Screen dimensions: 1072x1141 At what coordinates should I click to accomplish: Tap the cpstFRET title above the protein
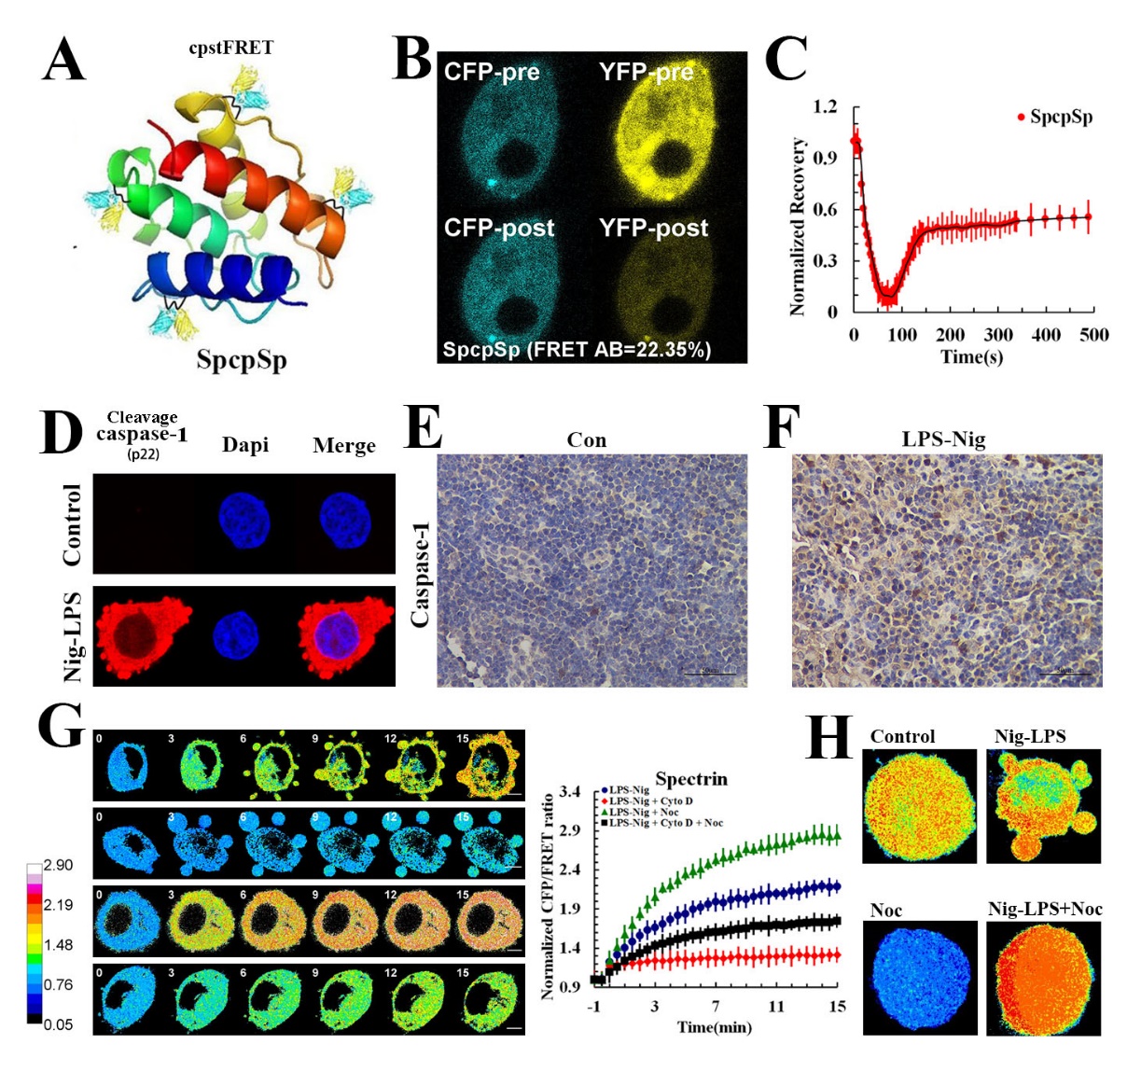tap(231, 49)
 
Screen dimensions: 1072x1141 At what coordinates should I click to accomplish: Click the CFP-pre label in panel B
tap(492, 72)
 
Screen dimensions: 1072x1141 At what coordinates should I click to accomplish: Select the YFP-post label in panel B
tap(653, 228)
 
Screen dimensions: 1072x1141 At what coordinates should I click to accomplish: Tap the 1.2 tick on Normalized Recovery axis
tap(825, 106)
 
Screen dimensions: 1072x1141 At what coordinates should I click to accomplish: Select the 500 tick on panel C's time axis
tap(1093, 335)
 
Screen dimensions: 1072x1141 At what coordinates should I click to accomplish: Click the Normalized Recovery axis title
tap(798, 227)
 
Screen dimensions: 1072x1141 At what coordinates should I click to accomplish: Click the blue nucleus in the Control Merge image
tap(344, 520)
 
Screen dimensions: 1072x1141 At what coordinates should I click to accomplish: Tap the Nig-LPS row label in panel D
tap(72, 636)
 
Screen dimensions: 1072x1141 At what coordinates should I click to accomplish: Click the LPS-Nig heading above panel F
tap(943, 439)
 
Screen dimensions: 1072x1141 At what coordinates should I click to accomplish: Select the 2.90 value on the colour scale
tap(58, 865)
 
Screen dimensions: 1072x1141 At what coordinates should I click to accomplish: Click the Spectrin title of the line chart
tap(690, 778)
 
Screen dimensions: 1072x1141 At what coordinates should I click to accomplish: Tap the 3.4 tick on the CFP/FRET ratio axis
tap(569, 792)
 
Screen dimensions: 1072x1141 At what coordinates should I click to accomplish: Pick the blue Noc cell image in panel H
tap(920, 978)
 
